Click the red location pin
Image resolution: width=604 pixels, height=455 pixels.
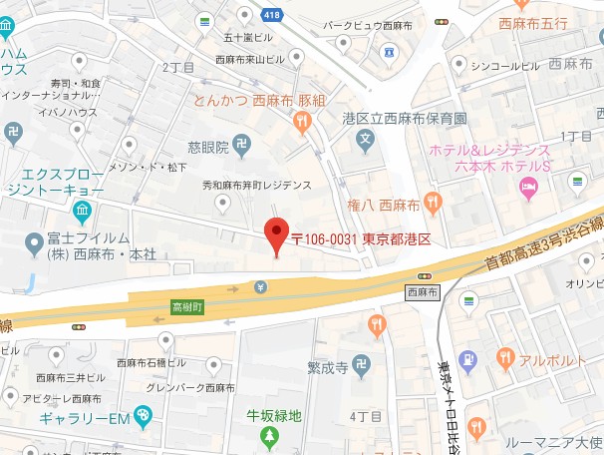[277, 233]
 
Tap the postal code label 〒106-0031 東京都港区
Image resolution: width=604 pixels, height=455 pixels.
[360, 239]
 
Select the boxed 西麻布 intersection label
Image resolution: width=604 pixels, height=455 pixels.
[424, 292]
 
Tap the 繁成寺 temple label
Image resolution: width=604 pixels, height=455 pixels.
[327, 368]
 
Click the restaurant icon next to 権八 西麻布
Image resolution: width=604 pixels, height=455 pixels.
[432, 204]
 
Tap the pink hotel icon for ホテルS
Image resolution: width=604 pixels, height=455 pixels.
[528, 186]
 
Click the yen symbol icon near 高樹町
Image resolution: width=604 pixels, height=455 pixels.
[260, 288]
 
